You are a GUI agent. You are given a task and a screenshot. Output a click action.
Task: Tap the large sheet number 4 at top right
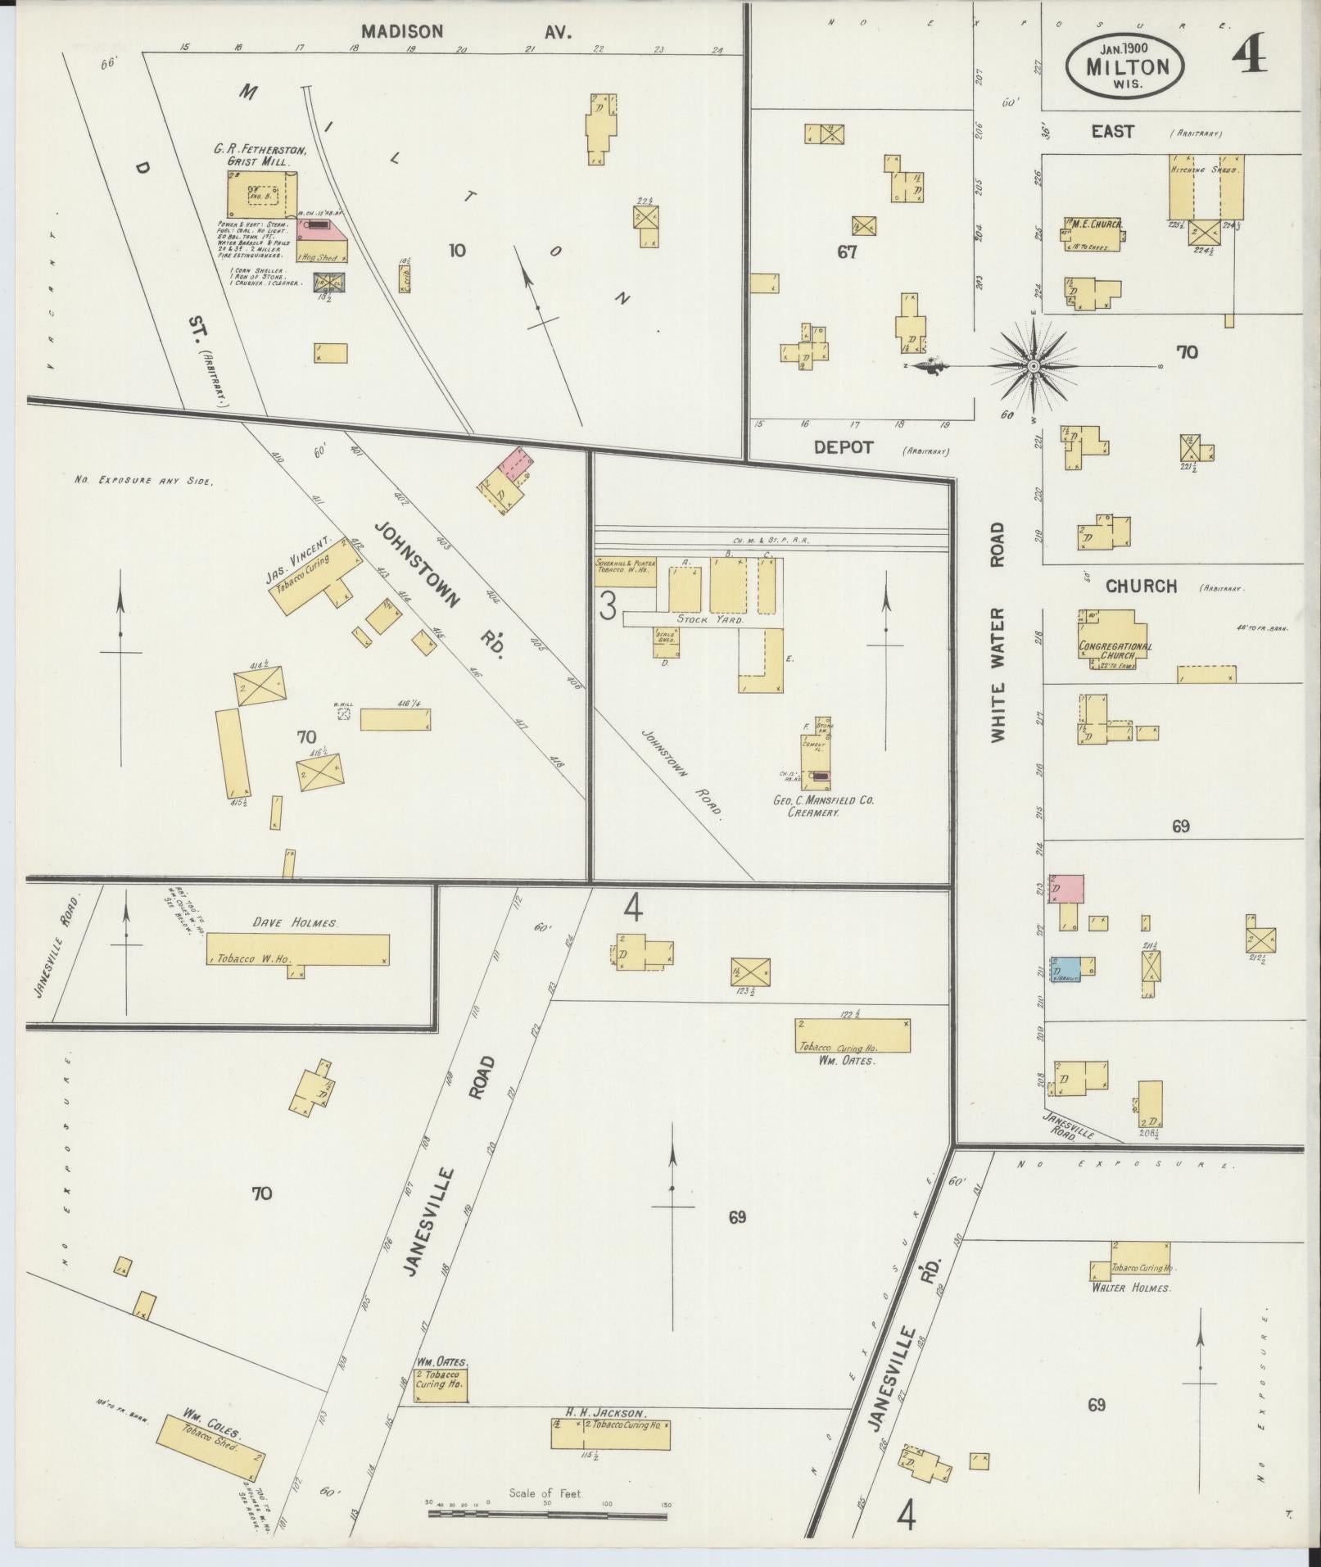click(x=1250, y=54)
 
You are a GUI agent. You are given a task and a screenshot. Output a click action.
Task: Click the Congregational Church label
click(x=1115, y=650)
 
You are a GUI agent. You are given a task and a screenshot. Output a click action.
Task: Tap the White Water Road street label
click(x=998, y=633)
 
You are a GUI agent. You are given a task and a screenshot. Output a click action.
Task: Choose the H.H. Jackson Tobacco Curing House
click(x=610, y=1434)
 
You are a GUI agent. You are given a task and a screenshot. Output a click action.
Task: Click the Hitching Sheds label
click(x=1205, y=169)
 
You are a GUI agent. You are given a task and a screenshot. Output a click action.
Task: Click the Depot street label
click(x=844, y=447)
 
